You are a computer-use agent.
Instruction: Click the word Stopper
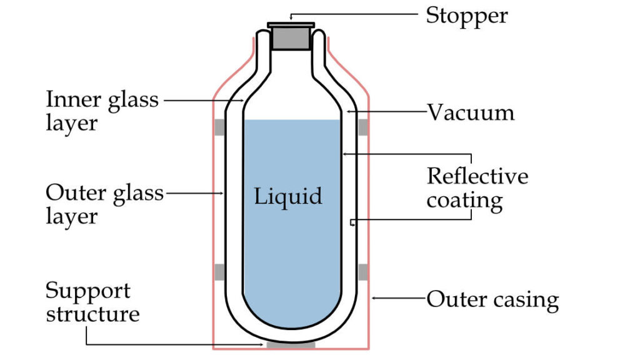[x=466, y=16]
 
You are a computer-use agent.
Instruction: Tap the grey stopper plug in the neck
[x=291, y=39]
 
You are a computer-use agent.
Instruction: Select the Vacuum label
[x=471, y=113]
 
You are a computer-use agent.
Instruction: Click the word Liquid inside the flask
[x=288, y=197]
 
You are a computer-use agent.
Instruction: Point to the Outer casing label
[x=492, y=300]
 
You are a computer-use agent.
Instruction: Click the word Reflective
[x=477, y=177]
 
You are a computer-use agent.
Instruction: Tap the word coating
[x=464, y=201]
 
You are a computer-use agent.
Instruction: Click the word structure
[x=92, y=314]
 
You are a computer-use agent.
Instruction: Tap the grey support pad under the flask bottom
[x=291, y=345]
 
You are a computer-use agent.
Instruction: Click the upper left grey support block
[x=219, y=127]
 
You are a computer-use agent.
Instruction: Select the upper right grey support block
[x=363, y=127]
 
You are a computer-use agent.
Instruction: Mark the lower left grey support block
[x=219, y=272]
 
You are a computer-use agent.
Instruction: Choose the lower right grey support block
[x=363, y=272]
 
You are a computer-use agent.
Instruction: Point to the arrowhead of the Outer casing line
[x=373, y=299]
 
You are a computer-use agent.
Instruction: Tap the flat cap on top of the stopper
[x=291, y=25]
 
